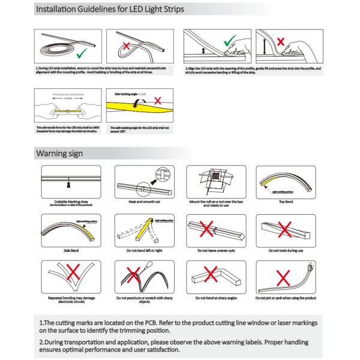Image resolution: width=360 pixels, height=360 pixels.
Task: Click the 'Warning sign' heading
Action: pos(63,154)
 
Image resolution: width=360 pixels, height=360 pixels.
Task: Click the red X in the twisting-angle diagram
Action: pos(157,100)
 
